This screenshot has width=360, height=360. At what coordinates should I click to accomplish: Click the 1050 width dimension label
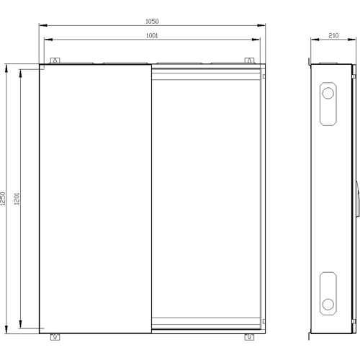tap(152, 22)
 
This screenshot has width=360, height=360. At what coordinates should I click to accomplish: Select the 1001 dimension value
tap(152, 35)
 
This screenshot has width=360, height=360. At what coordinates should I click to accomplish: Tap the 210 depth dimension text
tap(333, 35)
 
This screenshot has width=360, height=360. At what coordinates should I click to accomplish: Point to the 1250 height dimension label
tap(3, 199)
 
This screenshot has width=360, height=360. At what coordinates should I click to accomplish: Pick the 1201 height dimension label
tap(17, 199)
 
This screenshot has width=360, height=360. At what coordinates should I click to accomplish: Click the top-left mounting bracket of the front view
tap(55, 60)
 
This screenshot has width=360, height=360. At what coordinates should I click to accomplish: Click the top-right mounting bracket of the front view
tap(249, 60)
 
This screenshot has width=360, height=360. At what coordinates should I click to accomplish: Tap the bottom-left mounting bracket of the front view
tap(55, 337)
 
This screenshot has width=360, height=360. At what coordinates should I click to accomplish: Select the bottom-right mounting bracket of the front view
tap(249, 337)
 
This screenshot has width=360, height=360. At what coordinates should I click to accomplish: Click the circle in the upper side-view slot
tap(328, 93)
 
